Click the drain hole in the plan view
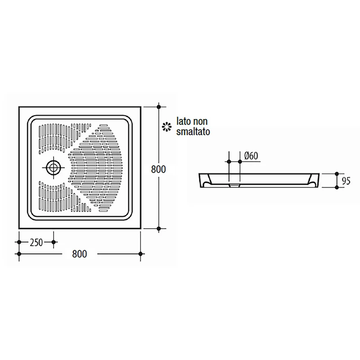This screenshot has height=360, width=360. (x=54, y=167)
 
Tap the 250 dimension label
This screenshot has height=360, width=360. (x=36, y=243)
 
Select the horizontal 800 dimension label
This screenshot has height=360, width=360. (x=80, y=254)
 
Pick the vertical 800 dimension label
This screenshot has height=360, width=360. (x=158, y=170)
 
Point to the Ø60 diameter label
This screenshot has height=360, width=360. (x=251, y=156)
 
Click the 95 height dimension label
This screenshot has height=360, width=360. (x=346, y=181)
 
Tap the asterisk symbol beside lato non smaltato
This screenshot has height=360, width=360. (x=166, y=127)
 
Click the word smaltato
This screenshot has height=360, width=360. (x=193, y=132)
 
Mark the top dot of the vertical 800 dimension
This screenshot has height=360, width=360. (x=158, y=107)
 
